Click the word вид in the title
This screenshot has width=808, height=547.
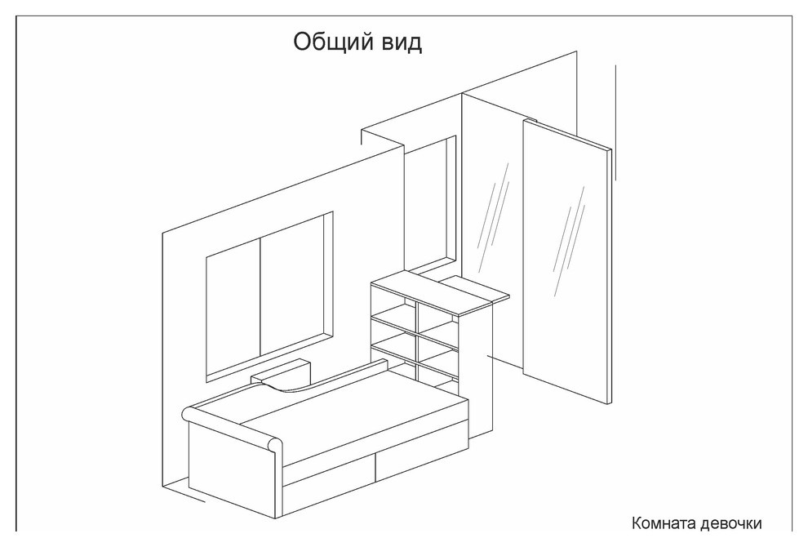pos(402,43)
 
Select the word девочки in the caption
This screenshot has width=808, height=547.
pos(730,524)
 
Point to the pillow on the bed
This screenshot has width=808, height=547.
pos(282,374)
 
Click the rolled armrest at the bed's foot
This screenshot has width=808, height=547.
pos(233,429)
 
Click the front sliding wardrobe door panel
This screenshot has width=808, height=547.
pos(567,260)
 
